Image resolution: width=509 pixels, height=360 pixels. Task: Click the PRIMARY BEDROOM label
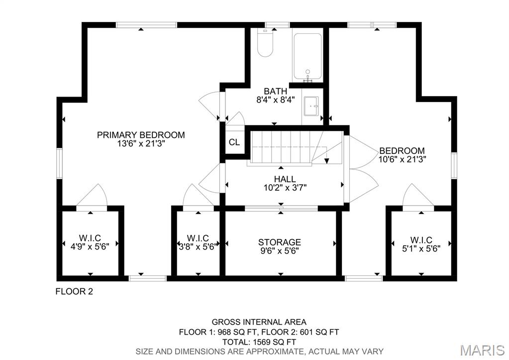(x=141, y=135)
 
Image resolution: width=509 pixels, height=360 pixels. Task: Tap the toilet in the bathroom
(x=265, y=45)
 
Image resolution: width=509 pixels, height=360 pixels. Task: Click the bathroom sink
(x=312, y=106)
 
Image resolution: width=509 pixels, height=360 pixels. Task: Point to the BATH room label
(x=275, y=91)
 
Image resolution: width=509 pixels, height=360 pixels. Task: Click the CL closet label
(x=234, y=142)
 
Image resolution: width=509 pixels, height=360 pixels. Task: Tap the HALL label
(x=285, y=179)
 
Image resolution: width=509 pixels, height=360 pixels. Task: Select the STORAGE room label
(x=280, y=242)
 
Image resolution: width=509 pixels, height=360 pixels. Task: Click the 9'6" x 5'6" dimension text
(x=280, y=251)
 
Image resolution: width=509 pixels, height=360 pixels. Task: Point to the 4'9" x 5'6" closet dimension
(x=90, y=246)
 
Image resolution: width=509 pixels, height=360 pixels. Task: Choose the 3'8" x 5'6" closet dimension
(x=198, y=246)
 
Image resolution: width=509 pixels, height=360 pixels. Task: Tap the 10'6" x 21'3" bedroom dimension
(x=402, y=159)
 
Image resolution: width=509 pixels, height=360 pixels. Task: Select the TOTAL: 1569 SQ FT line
(x=259, y=342)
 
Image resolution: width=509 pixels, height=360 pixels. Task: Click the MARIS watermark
(x=482, y=350)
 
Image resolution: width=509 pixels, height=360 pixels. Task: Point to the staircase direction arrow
(x=326, y=160)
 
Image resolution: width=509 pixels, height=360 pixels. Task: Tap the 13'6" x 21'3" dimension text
(x=141, y=143)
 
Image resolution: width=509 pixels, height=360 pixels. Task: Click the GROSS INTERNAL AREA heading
(x=259, y=322)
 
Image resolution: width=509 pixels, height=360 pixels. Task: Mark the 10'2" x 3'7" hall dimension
(x=285, y=188)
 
